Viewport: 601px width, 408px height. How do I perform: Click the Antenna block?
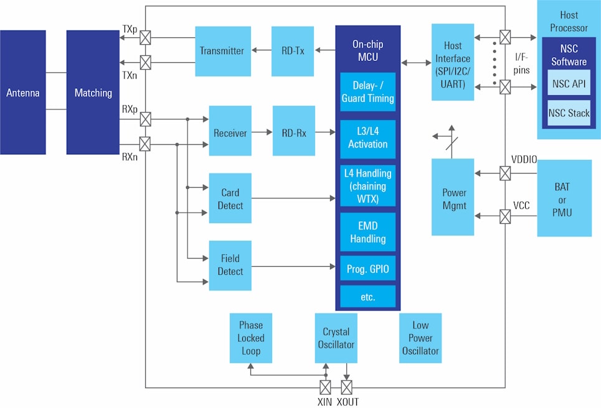point(23,93)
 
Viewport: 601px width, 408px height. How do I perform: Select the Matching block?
point(93,93)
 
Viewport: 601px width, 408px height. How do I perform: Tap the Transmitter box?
point(222,51)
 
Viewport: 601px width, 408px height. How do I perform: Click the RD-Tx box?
point(293,51)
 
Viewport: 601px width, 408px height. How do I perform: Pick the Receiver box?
point(230,133)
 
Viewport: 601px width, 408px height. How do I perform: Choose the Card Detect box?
point(230,199)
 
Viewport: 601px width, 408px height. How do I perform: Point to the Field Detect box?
point(230,265)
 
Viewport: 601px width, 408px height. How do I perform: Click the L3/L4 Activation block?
point(367,137)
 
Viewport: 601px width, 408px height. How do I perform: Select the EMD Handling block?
point(367,232)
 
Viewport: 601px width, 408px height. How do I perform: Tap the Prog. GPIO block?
point(367,269)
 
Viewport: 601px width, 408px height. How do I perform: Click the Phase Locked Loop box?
point(250,338)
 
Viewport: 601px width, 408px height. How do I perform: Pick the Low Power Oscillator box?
point(420,338)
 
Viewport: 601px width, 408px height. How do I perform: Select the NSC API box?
point(569,83)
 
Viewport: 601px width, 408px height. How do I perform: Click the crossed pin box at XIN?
point(325,387)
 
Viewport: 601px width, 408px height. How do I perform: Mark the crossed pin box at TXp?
point(145,37)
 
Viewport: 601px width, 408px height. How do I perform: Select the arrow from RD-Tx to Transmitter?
point(261,51)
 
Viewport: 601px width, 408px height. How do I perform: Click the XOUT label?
point(348,402)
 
